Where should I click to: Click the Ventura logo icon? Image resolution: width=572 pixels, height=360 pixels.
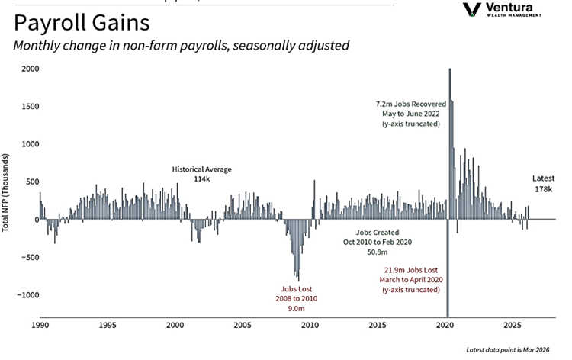[473, 9]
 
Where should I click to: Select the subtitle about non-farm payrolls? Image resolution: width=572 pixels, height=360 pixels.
[181, 46]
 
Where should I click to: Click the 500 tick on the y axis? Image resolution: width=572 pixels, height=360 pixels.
[30, 182]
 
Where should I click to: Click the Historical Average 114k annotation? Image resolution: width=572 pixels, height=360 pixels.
[201, 174]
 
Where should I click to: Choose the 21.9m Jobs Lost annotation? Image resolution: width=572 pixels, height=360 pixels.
[412, 280]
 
